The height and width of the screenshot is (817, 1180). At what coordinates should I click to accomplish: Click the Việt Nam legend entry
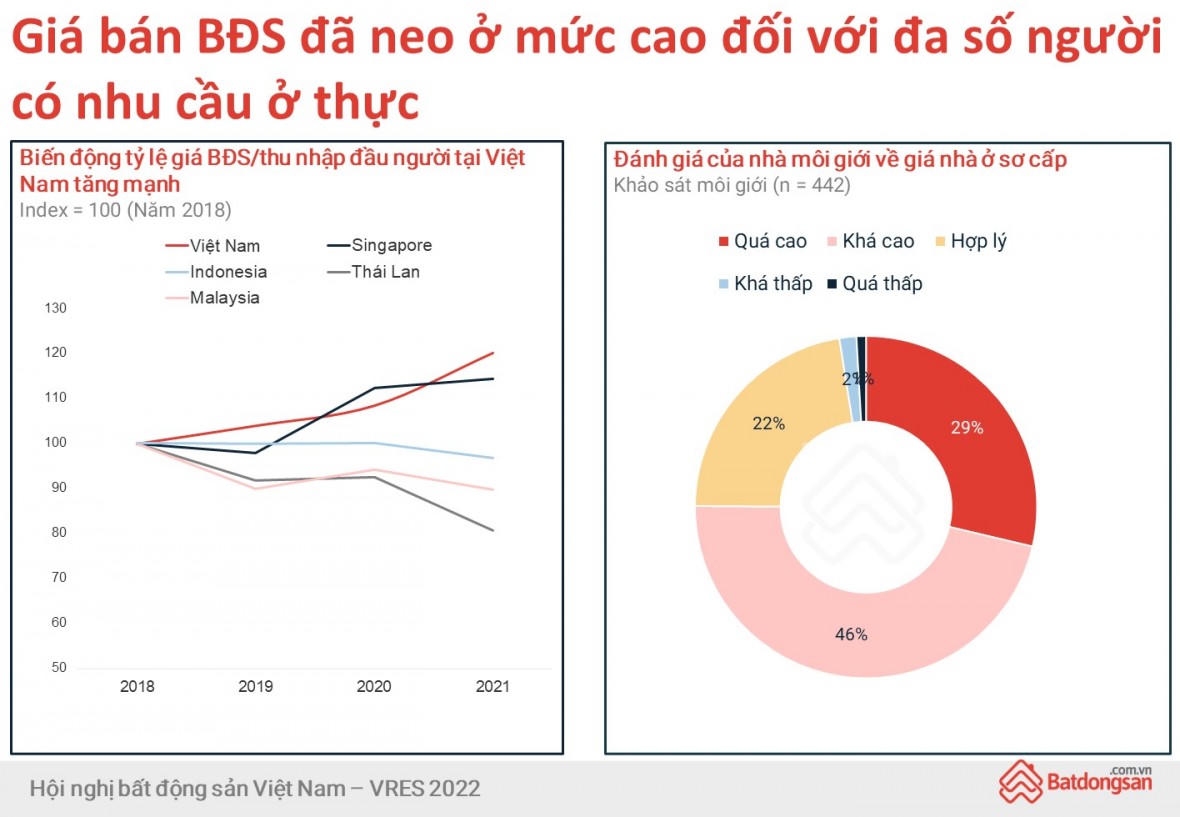(224, 246)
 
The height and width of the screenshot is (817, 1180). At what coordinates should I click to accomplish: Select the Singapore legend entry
(391, 246)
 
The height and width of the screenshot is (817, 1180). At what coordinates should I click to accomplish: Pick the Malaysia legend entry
(224, 298)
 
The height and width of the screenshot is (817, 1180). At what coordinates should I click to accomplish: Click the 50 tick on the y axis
(58, 667)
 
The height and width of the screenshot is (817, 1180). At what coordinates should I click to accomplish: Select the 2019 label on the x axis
(255, 687)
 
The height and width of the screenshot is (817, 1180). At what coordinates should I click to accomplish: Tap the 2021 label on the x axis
(491, 687)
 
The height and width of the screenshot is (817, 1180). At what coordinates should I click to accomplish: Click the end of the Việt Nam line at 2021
(493, 353)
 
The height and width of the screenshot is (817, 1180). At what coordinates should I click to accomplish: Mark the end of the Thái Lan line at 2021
(493, 530)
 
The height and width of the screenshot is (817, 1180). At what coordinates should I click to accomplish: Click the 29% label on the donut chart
(967, 428)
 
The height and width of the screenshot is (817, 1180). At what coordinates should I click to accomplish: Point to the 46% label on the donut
(851, 634)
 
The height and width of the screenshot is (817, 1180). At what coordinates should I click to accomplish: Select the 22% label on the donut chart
(768, 423)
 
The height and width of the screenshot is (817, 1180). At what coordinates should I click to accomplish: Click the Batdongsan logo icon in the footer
(1020, 781)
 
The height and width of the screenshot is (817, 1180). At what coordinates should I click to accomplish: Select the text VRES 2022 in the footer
(430, 789)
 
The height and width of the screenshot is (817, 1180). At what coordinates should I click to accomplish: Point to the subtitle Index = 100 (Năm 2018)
(125, 210)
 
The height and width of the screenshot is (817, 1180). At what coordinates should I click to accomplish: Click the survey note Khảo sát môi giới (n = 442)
(731, 185)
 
